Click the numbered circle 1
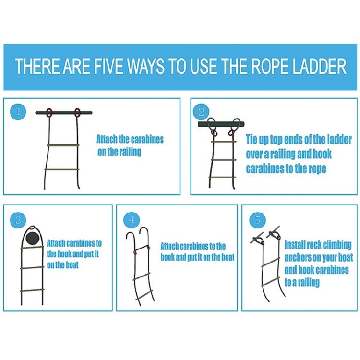pyautogui.click(x=18, y=112)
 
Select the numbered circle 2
pyautogui.click(x=201, y=112)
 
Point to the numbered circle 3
pyautogui.click(x=18, y=220)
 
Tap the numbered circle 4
pyautogui.click(x=132, y=220)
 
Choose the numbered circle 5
pyautogui.click(x=258, y=220)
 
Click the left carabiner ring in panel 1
pyautogui.click(x=48, y=112)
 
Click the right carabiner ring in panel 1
pyautogui.click(x=77, y=112)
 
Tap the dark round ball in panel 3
pyautogui.click(x=33, y=239)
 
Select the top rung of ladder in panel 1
pyautogui.click(x=63, y=145)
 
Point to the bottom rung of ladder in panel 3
pyautogui.click(x=32, y=291)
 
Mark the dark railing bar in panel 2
pyautogui.click(x=221, y=125)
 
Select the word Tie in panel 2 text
pyautogui.click(x=252, y=139)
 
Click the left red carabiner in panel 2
pyautogui.click(x=214, y=132)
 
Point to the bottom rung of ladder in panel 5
pyautogui.click(x=271, y=282)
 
